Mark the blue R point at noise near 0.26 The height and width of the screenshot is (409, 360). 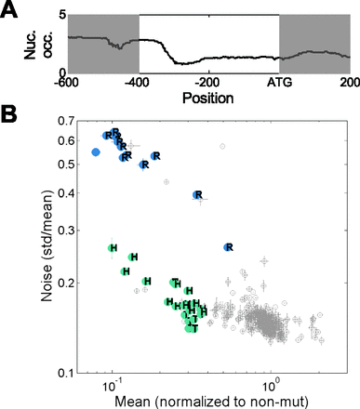pyautogui.click(x=228, y=247)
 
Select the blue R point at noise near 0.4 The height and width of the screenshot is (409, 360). pyautogui.click(x=196, y=195)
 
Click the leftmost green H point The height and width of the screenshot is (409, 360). pyautogui.click(x=113, y=248)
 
